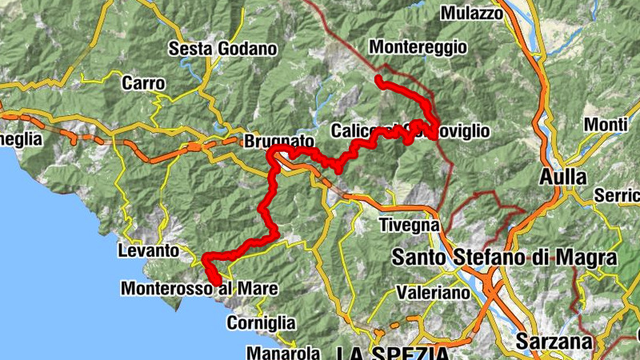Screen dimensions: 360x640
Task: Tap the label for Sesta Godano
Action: (x=222, y=49)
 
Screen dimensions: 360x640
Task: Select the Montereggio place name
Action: (x=418, y=47)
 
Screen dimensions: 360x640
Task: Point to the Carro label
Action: (x=144, y=82)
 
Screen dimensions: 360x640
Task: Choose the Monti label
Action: (x=606, y=124)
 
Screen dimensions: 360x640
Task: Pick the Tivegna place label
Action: (x=409, y=225)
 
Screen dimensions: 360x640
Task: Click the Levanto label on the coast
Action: (x=148, y=250)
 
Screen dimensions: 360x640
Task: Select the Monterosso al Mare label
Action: (x=199, y=288)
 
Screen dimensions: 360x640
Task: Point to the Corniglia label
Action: (x=261, y=323)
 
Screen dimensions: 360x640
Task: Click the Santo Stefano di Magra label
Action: (x=504, y=258)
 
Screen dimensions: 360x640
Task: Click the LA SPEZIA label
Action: (x=392, y=353)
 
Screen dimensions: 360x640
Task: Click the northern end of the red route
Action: (x=378, y=78)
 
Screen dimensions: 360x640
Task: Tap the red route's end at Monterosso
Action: (x=217, y=280)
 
